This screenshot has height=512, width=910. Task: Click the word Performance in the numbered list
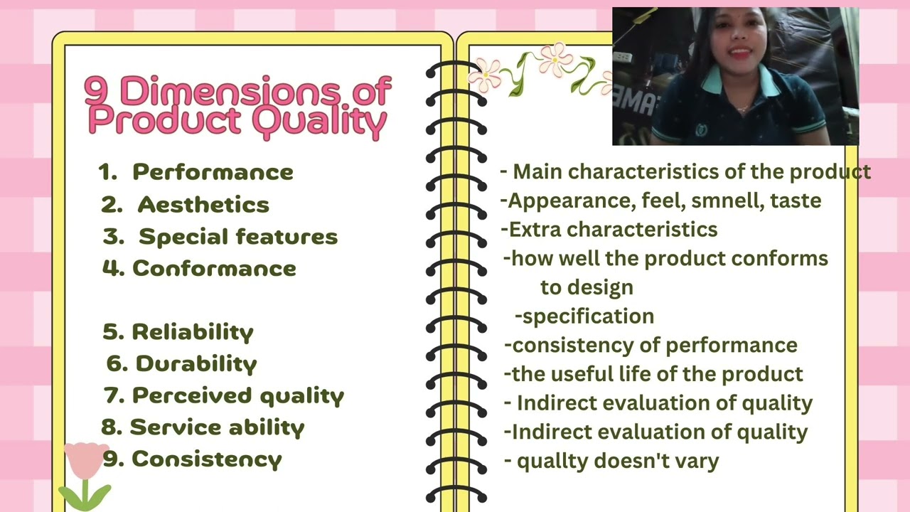click(x=213, y=172)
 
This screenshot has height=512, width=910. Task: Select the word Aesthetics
click(x=203, y=205)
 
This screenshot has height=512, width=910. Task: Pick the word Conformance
click(x=214, y=269)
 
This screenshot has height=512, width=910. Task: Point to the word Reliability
click(x=193, y=332)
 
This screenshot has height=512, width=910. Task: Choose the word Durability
click(x=196, y=364)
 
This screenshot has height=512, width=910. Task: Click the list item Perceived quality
click(x=238, y=395)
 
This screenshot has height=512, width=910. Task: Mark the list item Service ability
click(x=217, y=427)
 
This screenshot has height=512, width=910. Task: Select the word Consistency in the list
click(x=207, y=459)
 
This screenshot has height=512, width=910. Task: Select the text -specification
click(x=584, y=316)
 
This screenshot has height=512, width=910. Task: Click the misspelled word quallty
click(x=552, y=461)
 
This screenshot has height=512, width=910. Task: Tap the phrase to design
click(x=587, y=287)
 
